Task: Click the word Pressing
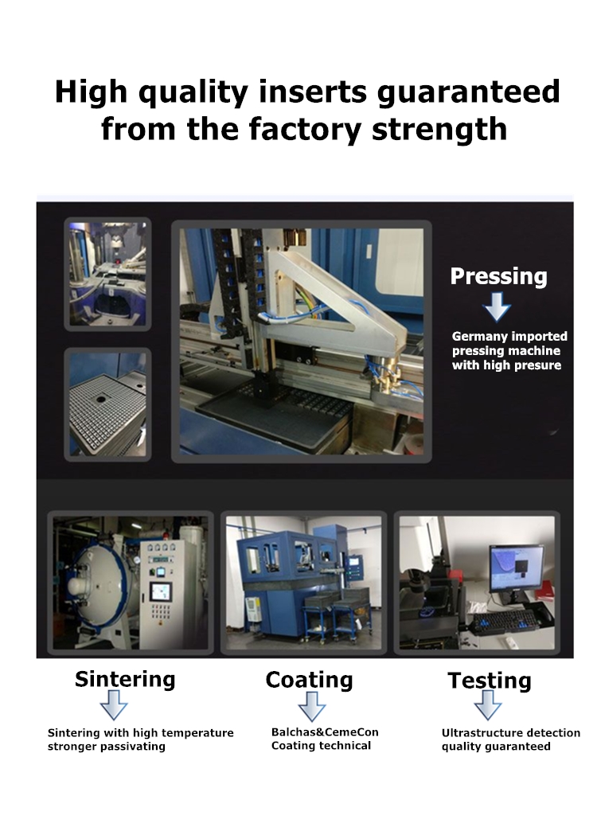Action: tap(498, 276)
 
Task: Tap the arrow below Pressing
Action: tap(497, 306)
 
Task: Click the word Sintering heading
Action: tap(125, 679)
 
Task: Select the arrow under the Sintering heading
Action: tap(114, 705)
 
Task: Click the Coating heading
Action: tap(309, 680)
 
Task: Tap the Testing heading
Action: tap(490, 681)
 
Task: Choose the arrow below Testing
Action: tap(488, 705)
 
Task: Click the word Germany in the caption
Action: tap(473, 337)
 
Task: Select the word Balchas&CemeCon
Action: tap(325, 732)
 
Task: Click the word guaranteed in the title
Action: tap(469, 92)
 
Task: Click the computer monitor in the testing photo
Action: tap(516, 567)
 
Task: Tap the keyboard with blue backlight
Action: tap(502, 620)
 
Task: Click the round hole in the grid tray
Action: tap(101, 398)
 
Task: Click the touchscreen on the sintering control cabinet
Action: tap(160, 591)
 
